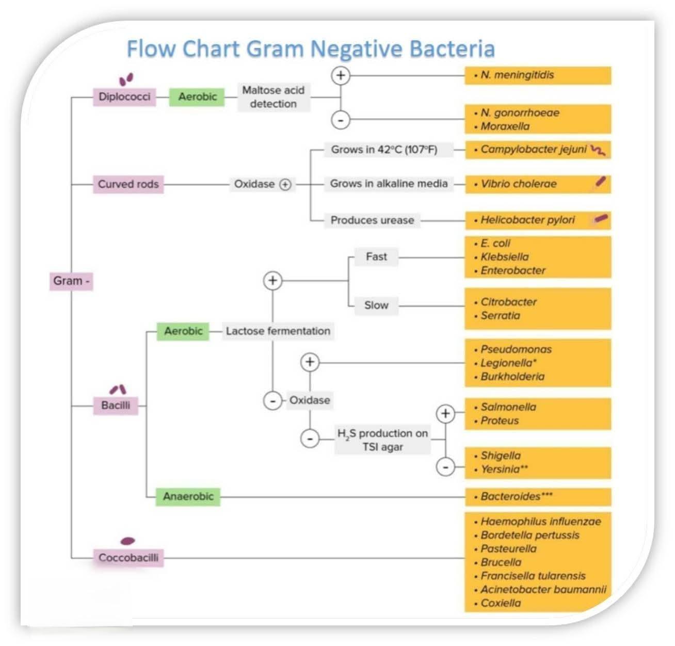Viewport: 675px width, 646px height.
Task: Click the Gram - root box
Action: pos(71,281)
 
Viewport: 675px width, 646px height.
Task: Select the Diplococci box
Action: pos(124,96)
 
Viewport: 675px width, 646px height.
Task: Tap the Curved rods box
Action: pos(128,184)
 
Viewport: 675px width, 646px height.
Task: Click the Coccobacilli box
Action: pos(128,558)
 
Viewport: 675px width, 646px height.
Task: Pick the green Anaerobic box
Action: pos(188,496)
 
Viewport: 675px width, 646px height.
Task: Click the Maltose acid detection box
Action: pos(274,97)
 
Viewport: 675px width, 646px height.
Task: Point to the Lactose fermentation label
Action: pos(278,331)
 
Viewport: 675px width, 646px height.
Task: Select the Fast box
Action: pos(376,257)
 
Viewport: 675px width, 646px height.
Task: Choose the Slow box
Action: pos(376,305)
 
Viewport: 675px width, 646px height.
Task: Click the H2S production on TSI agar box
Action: pos(382,440)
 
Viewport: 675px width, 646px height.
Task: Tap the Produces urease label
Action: pos(372,220)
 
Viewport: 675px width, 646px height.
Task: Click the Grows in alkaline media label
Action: pos(389,184)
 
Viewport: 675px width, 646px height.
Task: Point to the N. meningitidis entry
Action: pos(517,75)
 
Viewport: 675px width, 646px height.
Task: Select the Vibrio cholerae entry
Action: pos(518,184)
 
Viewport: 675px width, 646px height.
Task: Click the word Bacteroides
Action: pos(510,496)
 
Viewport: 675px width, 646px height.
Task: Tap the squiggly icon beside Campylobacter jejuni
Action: pos(598,150)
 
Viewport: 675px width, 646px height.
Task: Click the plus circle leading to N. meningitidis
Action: pos(341,75)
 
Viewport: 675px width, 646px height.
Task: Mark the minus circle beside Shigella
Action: pos(445,467)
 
